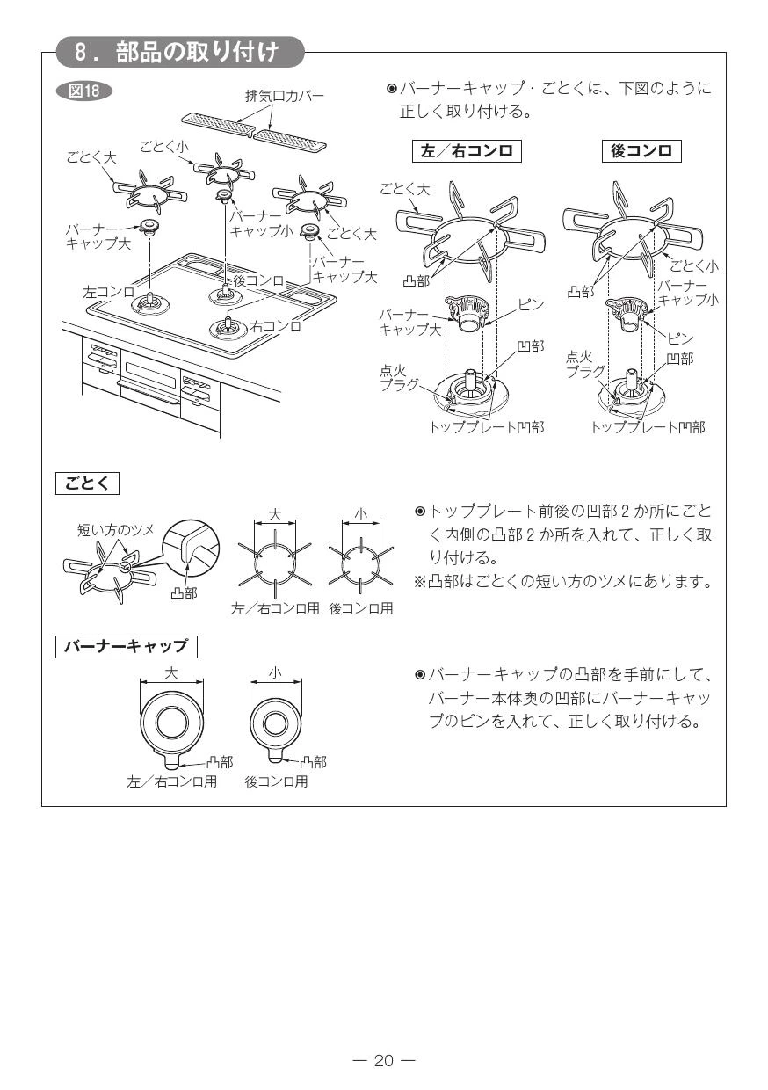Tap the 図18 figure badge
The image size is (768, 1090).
(x=83, y=91)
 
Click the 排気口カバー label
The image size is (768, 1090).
(x=283, y=96)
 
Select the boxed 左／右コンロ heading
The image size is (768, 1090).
(x=467, y=150)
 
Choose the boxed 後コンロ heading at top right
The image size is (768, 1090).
(x=641, y=150)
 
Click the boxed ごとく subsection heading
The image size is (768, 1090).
(x=88, y=483)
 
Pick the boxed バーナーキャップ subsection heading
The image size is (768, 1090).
(x=127, y=646)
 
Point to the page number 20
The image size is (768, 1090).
(x=384, y=1060)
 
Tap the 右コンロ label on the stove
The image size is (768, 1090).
(x=276, y=326)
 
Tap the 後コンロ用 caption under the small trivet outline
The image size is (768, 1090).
(x=360, y=608)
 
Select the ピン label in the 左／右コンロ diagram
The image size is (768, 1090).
(x=530, y=305)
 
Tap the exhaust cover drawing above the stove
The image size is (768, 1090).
(x=253, y=129)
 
